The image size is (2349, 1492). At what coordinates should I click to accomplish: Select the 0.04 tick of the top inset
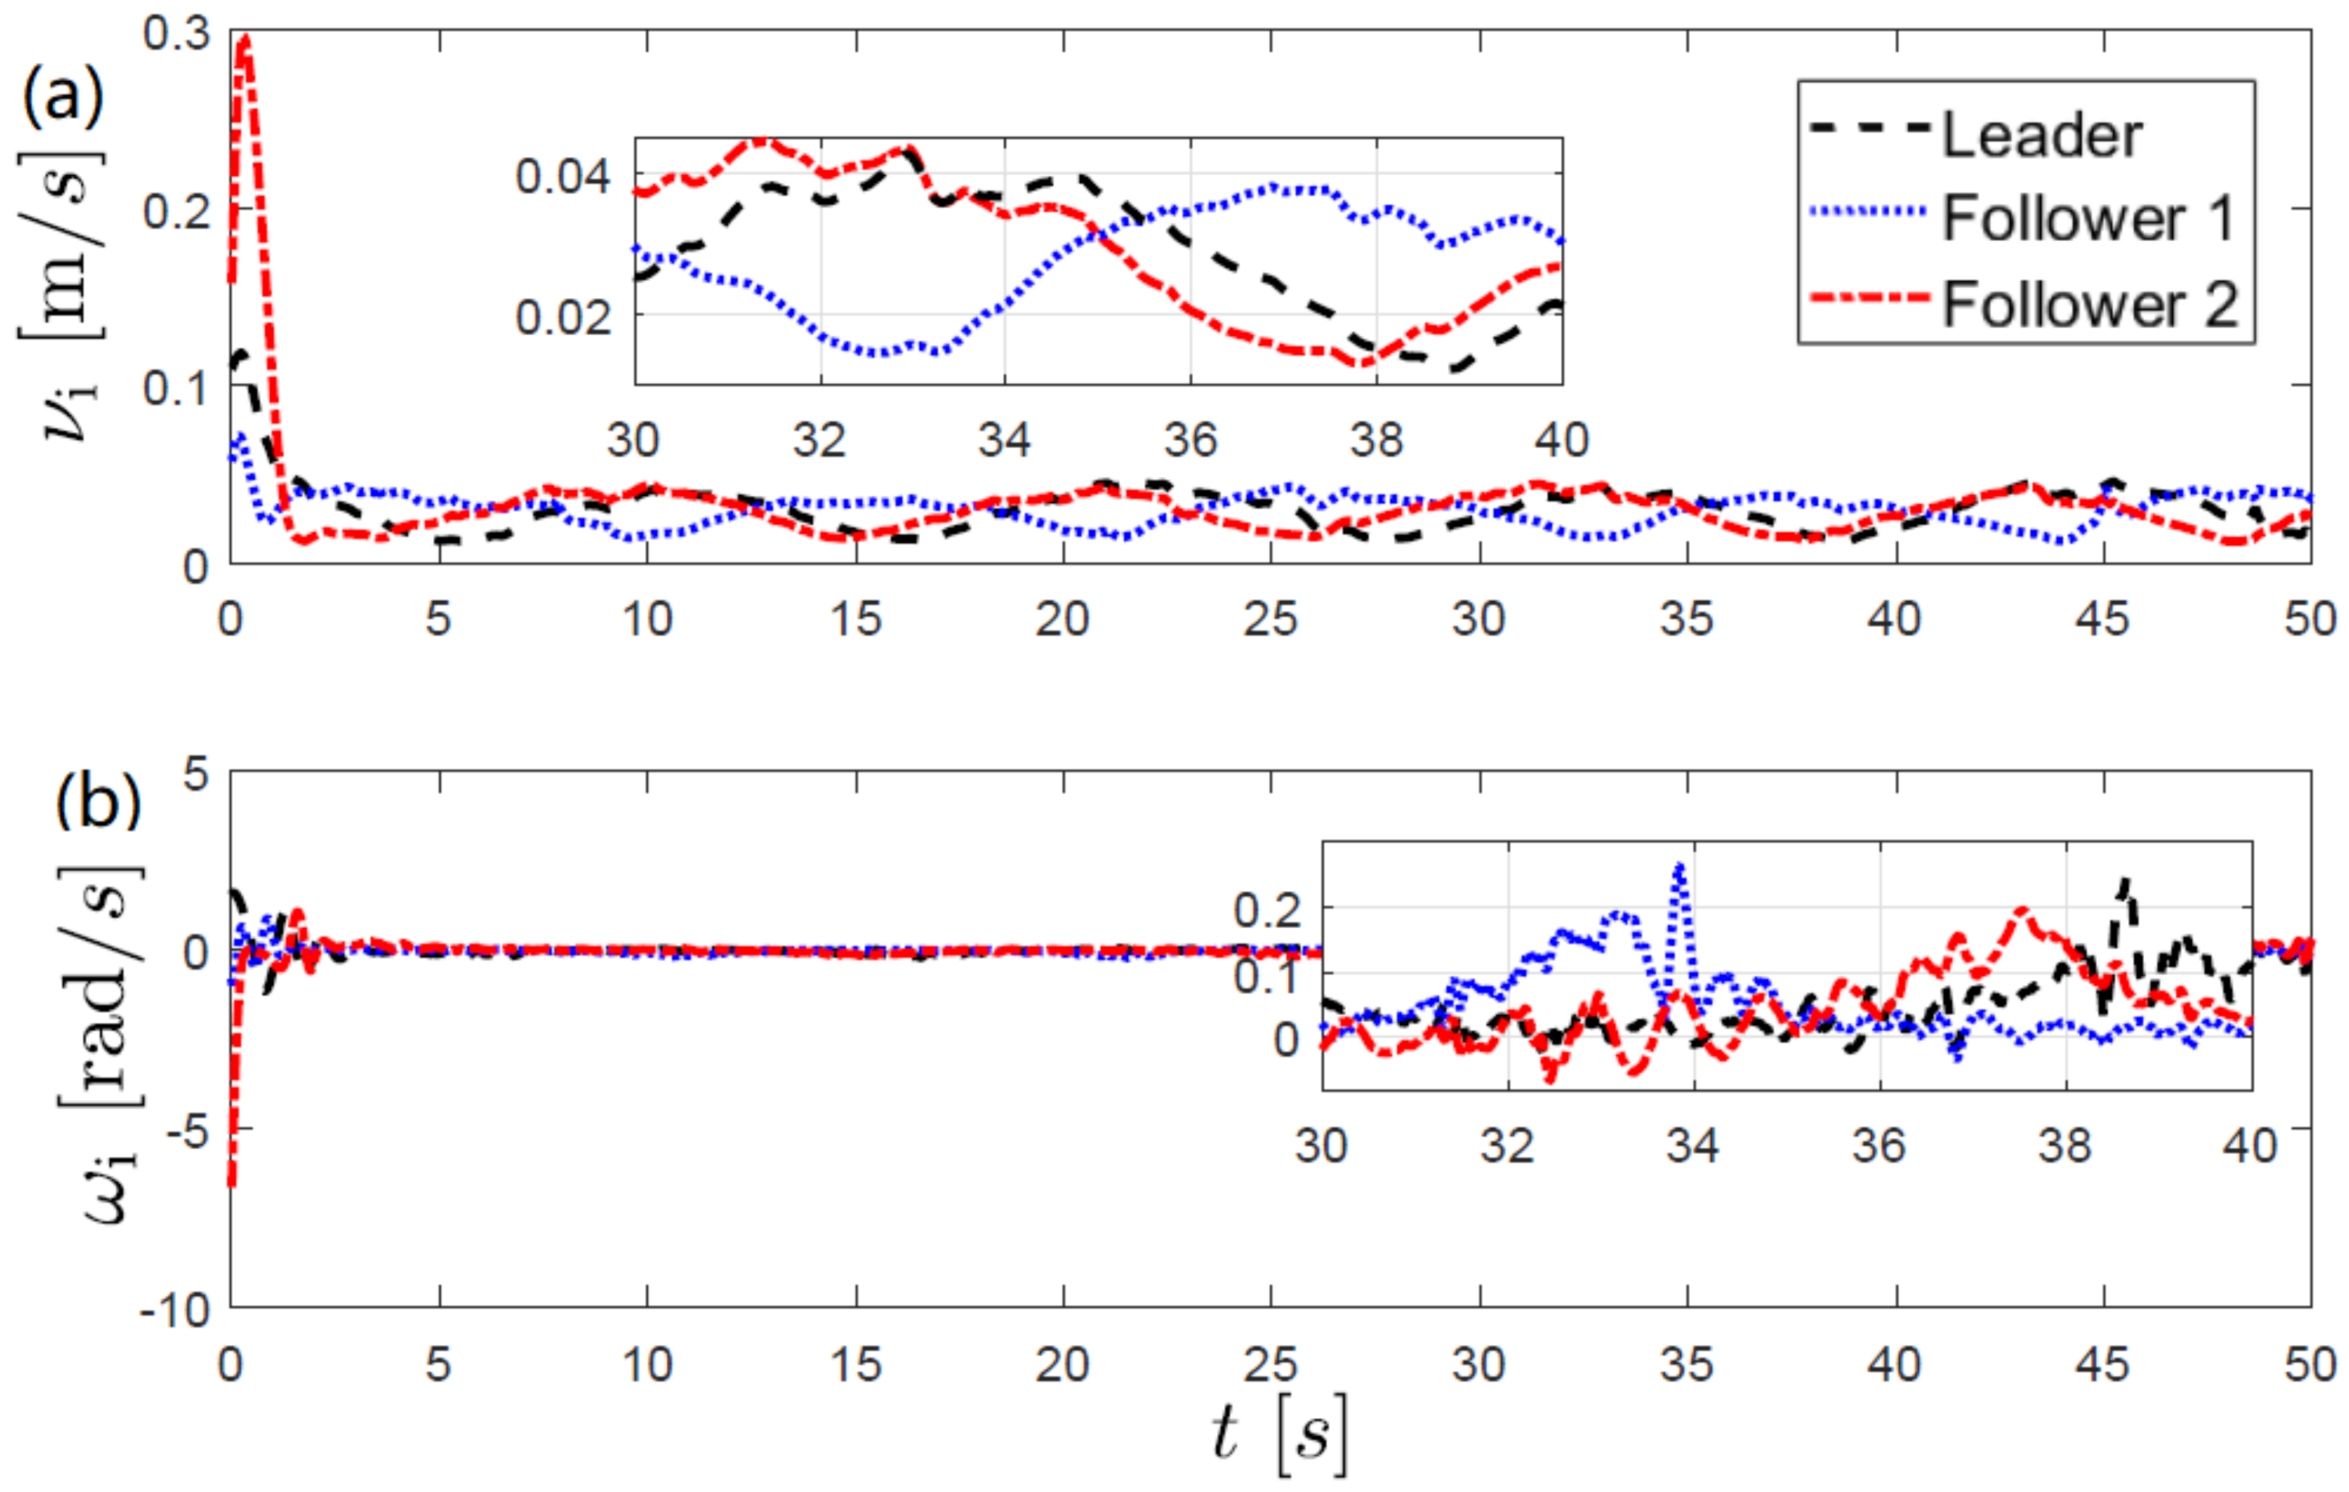click(563, 177)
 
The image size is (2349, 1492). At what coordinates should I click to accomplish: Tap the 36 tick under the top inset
click(1190, 440)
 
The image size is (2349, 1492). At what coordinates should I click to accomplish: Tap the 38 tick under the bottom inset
click(2065, 1145)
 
